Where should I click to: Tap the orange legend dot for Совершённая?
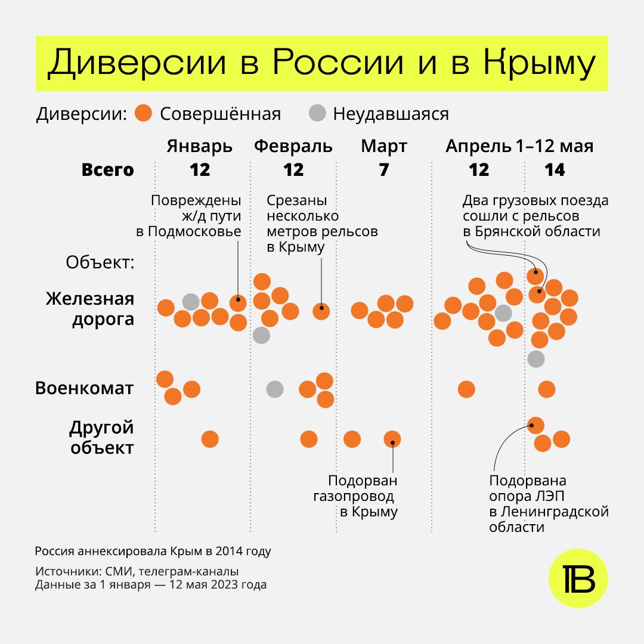tap(144, 113)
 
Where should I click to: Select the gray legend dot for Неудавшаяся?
tap(318, 113)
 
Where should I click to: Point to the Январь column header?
tap(199, 146)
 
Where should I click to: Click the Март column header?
tap(384, 146)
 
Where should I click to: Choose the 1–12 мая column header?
tap(555, 146)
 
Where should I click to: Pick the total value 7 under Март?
tap(384, 170)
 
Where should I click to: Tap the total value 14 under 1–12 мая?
tap(555, 170)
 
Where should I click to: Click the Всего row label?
tap(108, 170)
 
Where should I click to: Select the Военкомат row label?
tap(85, 389)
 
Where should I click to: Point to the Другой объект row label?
tap(101, 438)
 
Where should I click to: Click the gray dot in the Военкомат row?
tap(274, 389)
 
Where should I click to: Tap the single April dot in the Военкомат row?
tap(466, 389)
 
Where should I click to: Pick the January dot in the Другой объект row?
tap(210, 439)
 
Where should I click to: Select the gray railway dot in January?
tap(191, 302)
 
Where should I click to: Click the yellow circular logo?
tap(578, 578)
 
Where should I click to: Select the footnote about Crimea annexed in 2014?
tap(153, 551)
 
